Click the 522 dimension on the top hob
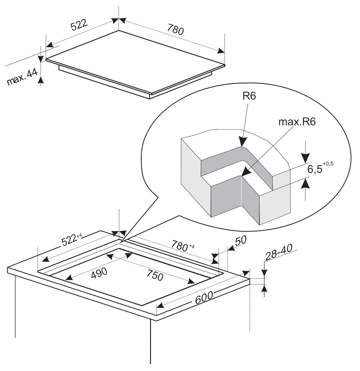tap(79, 25)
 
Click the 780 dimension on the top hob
tap(175, 30)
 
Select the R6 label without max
tap(249, 96)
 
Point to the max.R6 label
tap(297, 122)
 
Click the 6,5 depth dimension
tap(315, 169)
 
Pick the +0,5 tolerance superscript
tap(328, 164)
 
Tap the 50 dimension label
tap(240, 240)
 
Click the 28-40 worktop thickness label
tap(278, 252)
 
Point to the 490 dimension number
tap(99, 273)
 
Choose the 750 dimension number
tap(155, 275)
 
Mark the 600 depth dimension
tap(204, 297)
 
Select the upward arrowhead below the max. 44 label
tap(41, 80)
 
